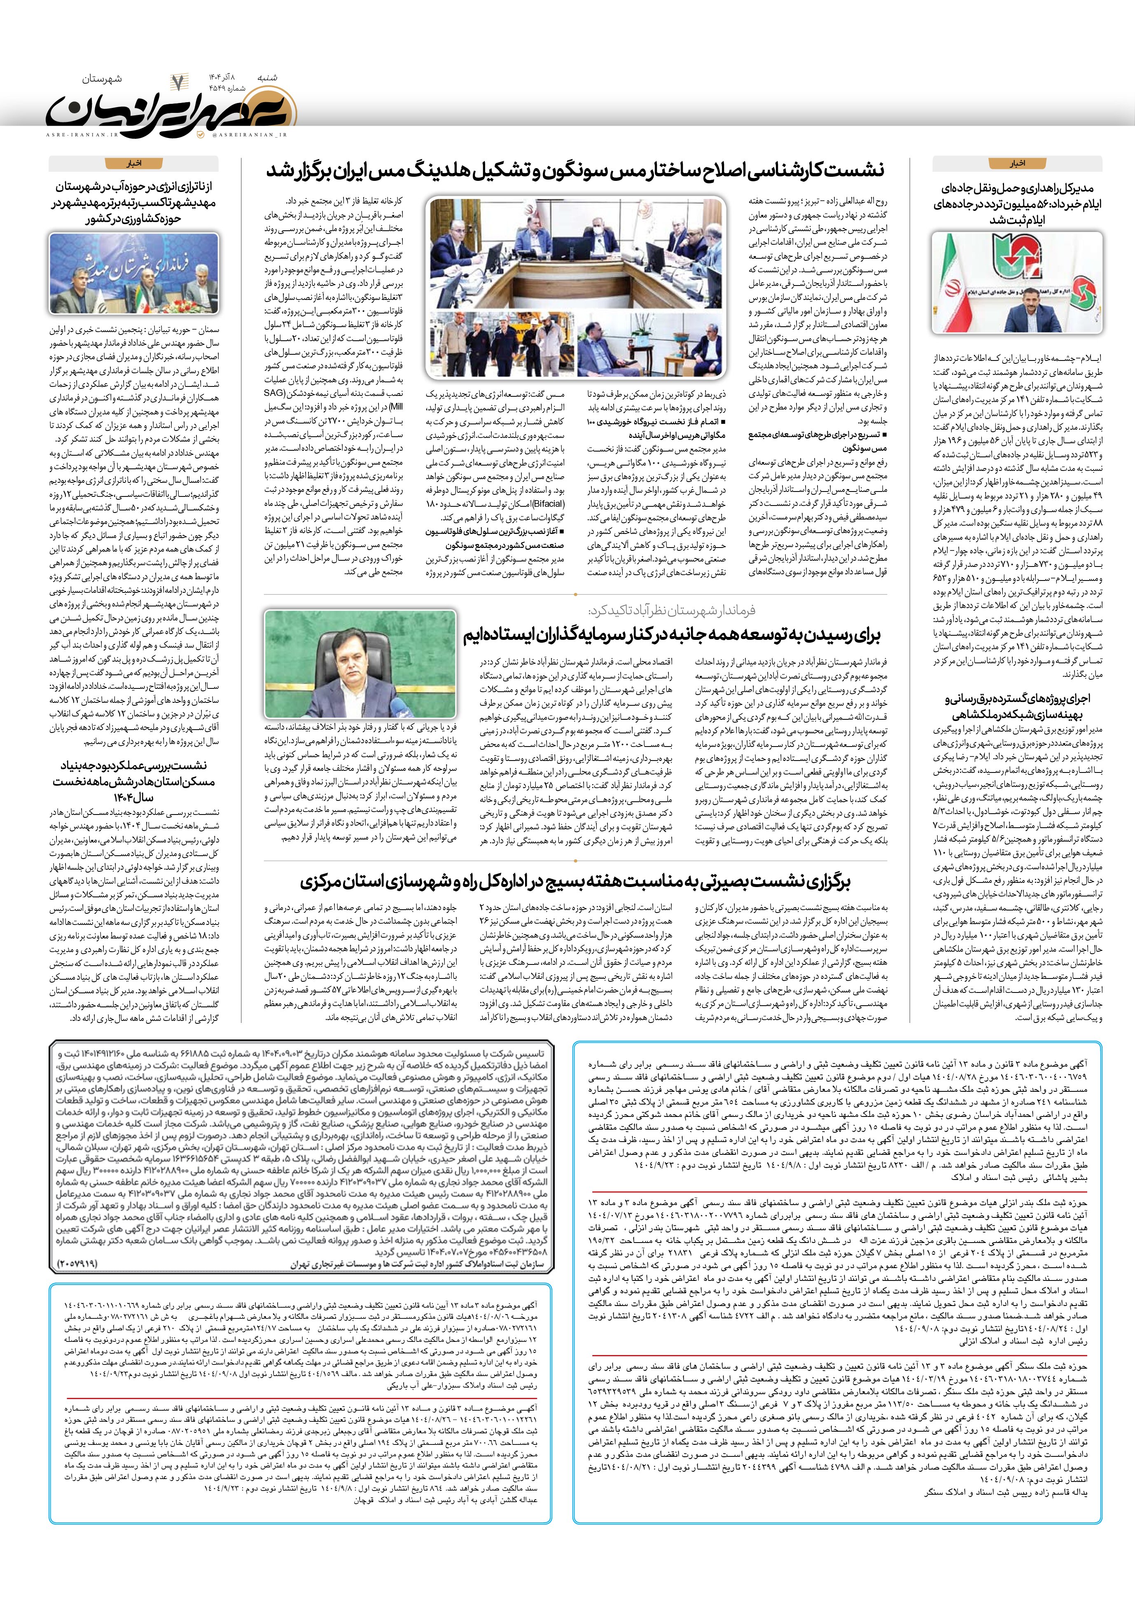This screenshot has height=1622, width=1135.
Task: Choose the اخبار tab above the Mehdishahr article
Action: [133, 163]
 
